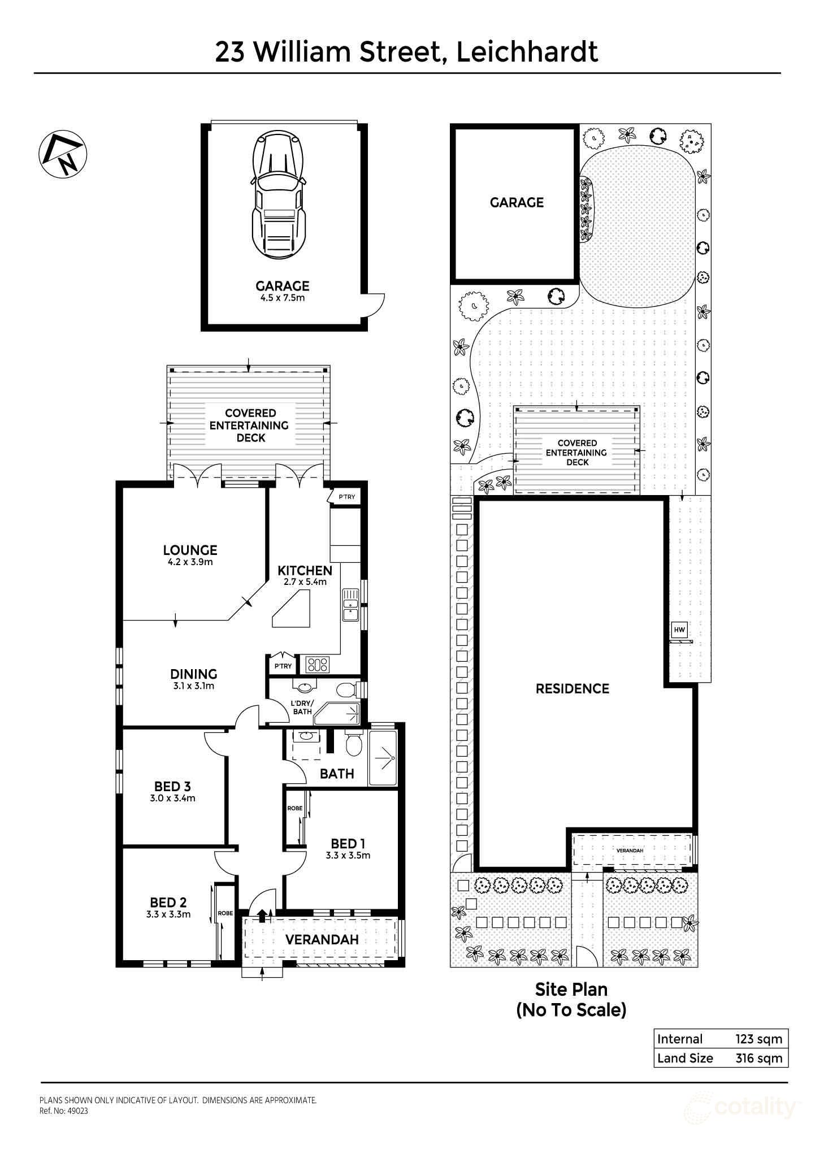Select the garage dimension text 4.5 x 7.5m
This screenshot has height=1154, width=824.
tap(282, 298)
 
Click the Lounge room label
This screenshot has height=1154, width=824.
tap(190, 550)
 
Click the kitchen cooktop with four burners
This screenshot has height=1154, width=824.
tap(317, 664)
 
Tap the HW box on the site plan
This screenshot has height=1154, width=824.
tap(679, 629)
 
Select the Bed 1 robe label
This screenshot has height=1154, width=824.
tap(294, 808)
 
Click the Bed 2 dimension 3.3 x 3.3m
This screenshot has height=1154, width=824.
tap(168, 914)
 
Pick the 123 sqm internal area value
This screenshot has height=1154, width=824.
tap(758, 1039)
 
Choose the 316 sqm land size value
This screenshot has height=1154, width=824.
tap(758, 1058)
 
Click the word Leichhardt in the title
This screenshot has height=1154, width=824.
tap(527, 52)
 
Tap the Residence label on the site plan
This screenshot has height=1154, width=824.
tap(573, 688)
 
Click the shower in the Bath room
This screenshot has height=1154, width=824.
tap(383, 757)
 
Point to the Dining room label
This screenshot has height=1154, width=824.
tap(194, 674)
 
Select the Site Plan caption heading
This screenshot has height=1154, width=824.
tap(571, 989)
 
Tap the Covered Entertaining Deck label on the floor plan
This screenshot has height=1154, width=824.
tap(249, 425)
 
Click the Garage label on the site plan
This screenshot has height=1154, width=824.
tap(517, 202)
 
